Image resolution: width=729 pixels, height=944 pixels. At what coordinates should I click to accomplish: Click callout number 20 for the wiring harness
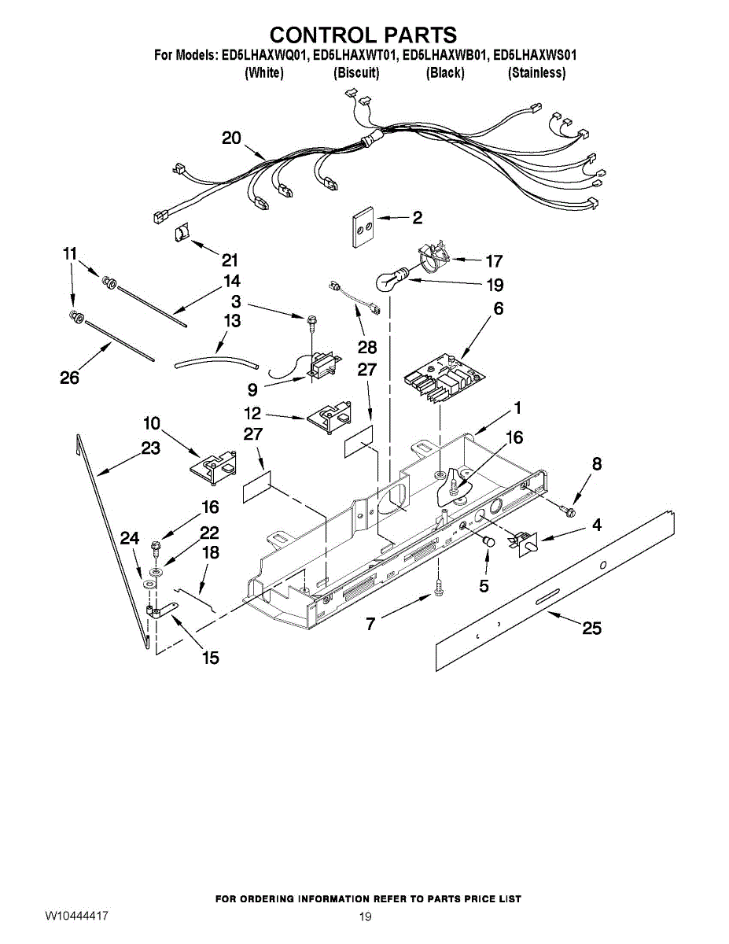[231, 138]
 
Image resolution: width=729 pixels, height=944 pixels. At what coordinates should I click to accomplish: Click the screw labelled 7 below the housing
[439, 588]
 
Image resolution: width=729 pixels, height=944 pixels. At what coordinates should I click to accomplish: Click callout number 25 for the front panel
[591, 627]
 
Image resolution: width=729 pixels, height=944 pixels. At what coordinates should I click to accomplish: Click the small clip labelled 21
[182, 234]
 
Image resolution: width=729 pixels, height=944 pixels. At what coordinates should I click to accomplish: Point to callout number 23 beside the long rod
[150, 448]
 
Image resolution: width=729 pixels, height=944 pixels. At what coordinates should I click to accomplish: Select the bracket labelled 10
[213, 466]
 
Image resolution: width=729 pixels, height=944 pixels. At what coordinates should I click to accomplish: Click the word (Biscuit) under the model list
[356, 73]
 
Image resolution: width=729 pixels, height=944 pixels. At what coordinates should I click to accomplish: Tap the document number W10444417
[76, 916]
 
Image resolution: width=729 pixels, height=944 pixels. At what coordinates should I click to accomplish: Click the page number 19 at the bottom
[364, 916]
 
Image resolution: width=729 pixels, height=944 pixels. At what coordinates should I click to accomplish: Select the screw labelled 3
[312, 320]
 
